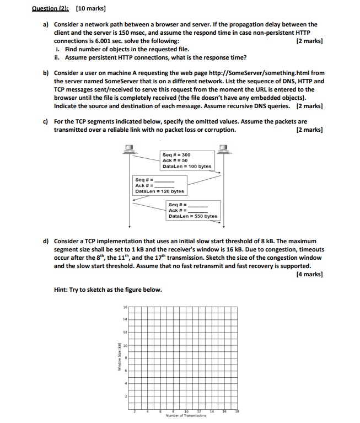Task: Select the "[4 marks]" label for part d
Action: [x=309, y=274]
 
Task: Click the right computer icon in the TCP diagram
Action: [x=224, y=148]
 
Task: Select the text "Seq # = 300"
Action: [x=176, y=155]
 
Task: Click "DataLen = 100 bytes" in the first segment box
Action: [x=187, y=166]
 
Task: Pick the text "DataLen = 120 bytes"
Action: [x=159, y=191]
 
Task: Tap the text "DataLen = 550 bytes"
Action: [x=193, y=216]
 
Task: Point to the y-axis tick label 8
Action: [x=125, y=357]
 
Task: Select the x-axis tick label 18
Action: [x=238, y=411]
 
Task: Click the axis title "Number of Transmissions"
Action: [x=186, y=416]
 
